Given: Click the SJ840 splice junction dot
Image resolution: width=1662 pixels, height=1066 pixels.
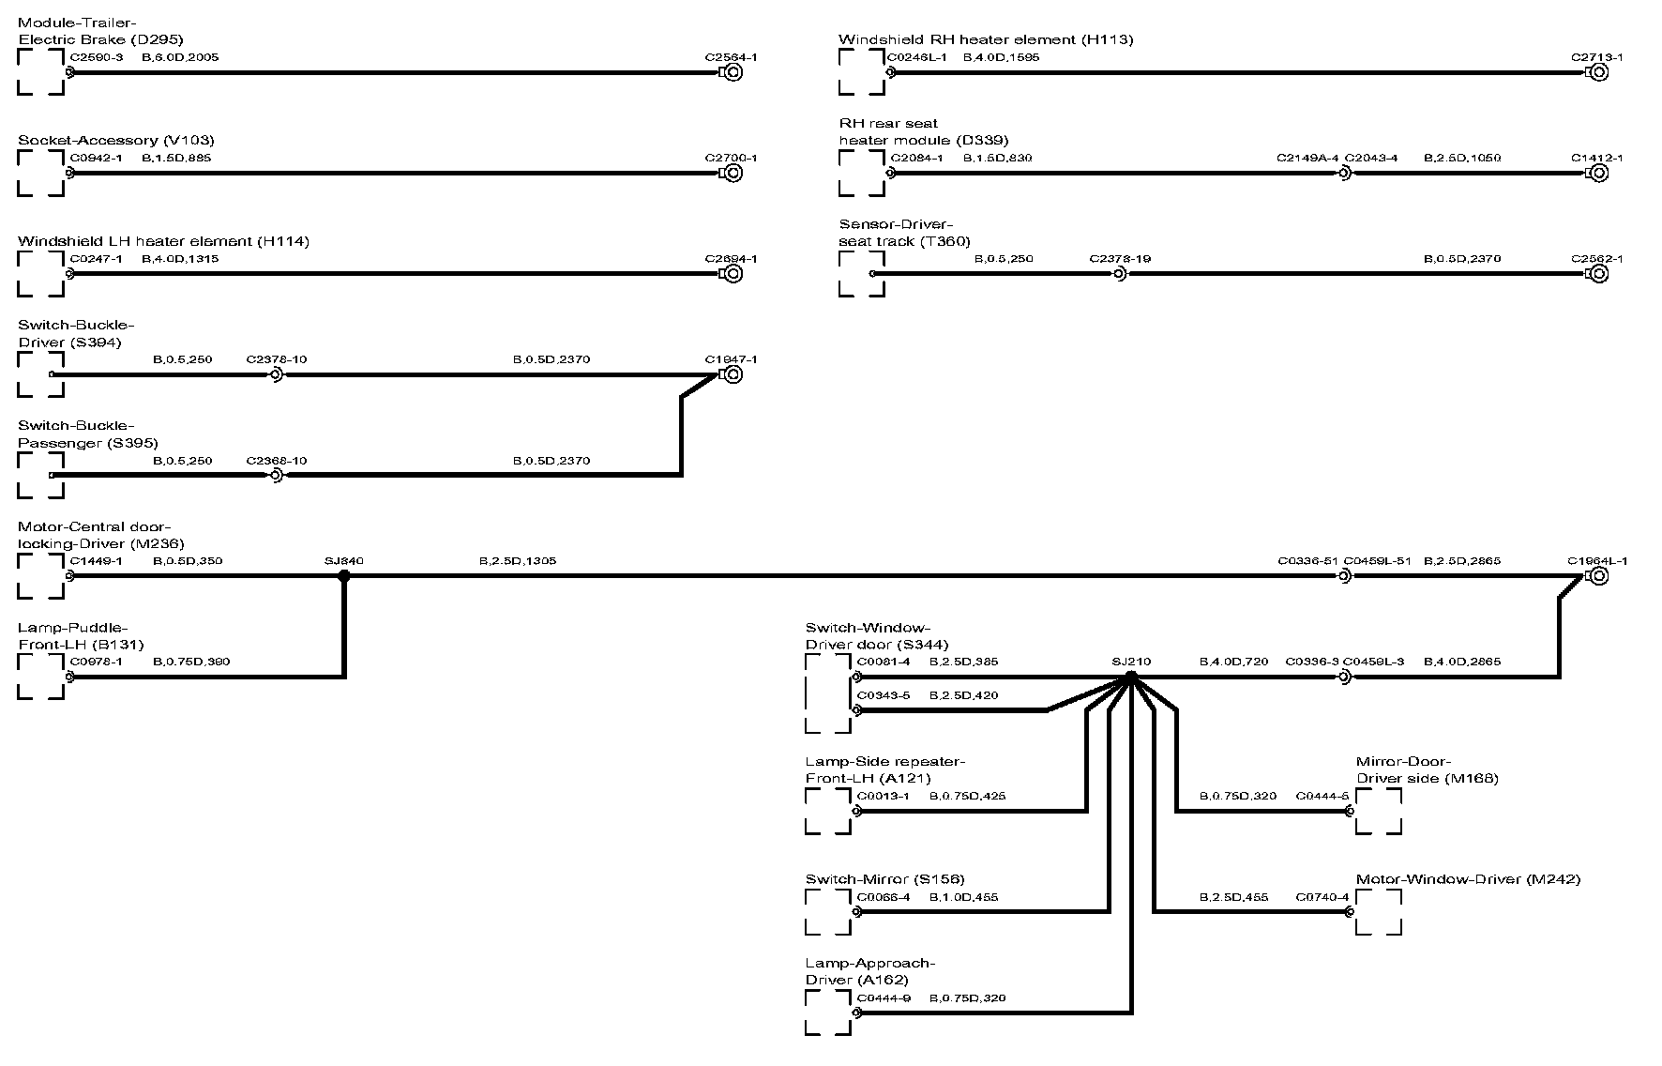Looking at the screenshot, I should [x=344, y=576].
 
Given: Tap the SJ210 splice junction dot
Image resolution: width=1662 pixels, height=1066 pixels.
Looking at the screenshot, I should [x=1131, y=677].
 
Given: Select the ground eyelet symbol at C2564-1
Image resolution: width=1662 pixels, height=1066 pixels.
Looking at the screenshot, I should [x=733, y=72].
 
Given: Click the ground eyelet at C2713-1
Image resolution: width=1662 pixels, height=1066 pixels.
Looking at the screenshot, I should [x=1599, y=72].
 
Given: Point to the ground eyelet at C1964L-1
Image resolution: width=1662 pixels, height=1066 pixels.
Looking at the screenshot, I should [x=1599, y=576].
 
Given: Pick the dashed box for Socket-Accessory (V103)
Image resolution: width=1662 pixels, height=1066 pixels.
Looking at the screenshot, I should [x=41, y=173].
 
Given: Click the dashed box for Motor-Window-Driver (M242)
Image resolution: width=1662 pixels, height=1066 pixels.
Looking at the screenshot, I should [x=1379, y=912].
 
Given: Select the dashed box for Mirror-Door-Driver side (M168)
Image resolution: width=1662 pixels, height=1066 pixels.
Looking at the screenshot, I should [x=1379, y=811].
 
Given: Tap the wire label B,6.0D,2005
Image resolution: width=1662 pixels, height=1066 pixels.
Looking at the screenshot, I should [x=180, y=57].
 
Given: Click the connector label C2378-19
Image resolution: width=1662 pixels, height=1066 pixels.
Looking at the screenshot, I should [x=1120, y=258].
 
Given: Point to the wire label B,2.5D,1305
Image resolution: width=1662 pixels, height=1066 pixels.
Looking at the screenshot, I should [x=517, y=561].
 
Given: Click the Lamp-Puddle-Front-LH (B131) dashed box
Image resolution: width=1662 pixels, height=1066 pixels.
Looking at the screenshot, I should [x=41, y=677].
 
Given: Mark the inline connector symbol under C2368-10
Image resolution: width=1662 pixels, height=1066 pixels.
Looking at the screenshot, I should [x=276, y=476].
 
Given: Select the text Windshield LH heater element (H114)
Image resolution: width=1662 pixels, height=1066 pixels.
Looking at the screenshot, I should [x=163, y=241].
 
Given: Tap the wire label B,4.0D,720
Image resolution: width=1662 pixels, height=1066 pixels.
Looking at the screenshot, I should [x=1233, y=662].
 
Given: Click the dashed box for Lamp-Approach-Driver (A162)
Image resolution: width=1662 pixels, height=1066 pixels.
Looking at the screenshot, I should [x=828, y=1013].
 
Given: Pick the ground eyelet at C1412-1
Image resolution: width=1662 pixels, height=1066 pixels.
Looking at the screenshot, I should [x=1599, y=173].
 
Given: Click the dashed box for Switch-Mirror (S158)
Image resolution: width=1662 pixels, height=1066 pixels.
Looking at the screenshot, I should [x=828, y=912].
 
